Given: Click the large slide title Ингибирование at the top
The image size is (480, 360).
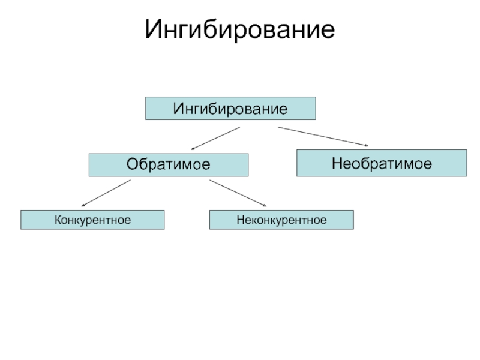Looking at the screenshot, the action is [x=239, y=29].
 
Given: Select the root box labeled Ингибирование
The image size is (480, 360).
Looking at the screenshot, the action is [x=230, y=109].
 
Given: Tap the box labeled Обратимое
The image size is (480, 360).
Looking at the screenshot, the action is [x=169, y=165].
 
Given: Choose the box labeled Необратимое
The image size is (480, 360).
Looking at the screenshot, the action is [x=382, y=163].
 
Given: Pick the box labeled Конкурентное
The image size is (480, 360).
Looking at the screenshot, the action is [x=92, y=220].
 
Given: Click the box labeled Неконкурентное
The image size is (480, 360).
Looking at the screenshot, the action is [x=281, y=220].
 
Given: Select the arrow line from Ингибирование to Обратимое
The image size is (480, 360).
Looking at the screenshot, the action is [x=215, y=139].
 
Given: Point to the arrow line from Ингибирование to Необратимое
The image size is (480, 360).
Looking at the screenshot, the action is [x=323, y=137].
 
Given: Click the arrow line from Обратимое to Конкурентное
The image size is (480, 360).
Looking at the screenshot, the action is [x=106, y=193].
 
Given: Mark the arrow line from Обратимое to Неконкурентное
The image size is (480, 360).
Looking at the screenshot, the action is [x=238, y=193].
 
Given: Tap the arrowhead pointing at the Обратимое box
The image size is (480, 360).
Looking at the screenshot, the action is [x=193, y=149].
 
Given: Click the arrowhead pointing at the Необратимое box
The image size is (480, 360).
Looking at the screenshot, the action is [x=367, y=145].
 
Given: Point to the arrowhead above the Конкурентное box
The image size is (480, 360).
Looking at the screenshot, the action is [x=83, y=206].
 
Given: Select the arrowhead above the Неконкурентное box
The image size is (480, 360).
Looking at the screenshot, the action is [x=265, y=205].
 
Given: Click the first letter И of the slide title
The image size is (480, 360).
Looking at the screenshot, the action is [x=154, y=29].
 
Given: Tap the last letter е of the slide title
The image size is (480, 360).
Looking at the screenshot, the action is [x=329, y=32].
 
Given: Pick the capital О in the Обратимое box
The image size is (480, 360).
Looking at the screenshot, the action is [x=132, y=164].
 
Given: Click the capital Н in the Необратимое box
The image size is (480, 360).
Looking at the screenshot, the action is [x=337, y=163].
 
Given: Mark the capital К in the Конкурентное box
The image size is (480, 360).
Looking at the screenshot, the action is [x=58, y=220].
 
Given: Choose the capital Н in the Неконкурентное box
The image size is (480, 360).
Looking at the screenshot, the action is [x=241, y=220].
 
